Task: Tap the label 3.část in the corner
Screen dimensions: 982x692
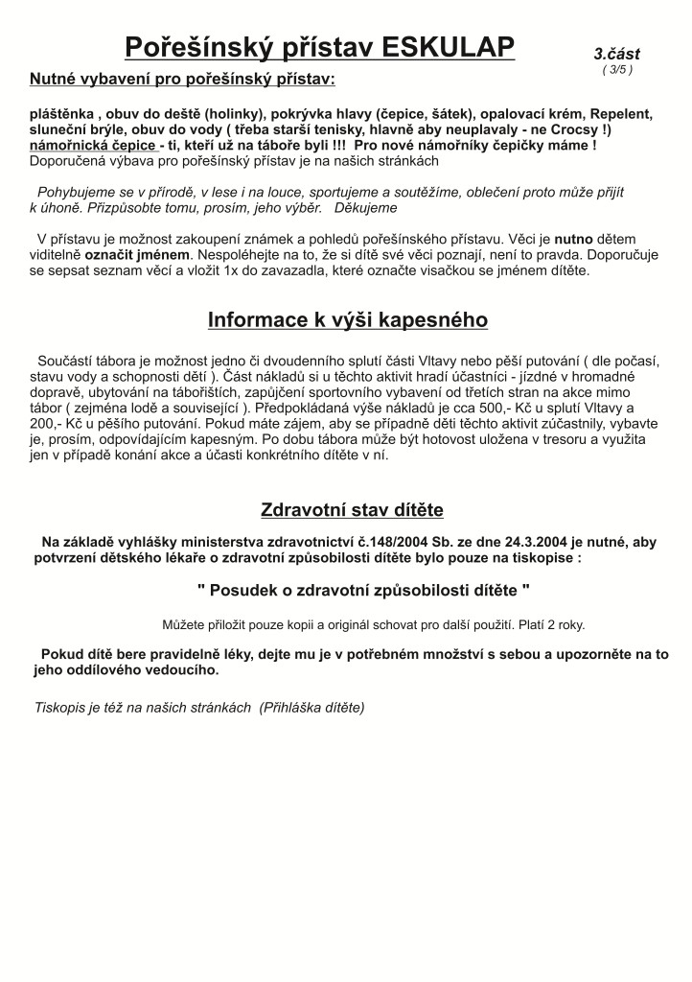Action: pos(616,54)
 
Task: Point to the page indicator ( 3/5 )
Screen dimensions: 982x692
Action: pos(616,69)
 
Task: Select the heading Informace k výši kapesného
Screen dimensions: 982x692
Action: pos(347,319)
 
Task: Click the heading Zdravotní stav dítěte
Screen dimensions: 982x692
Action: pos(352,509)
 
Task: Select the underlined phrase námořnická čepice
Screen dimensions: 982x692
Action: pos(93,145)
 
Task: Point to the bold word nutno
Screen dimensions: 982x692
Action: pos(575,238)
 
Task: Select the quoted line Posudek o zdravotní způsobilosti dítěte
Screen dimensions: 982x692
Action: pos(363,587)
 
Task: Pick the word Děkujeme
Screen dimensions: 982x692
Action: pos(365,207)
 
